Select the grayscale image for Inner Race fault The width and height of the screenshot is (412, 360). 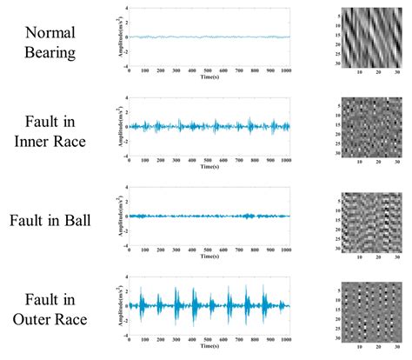click(365, 125)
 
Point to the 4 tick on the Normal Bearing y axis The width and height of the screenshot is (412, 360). click(127, 9)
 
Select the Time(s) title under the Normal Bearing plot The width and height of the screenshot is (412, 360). click(209, 77)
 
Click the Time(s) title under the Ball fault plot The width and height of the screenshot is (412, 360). click(209, 257)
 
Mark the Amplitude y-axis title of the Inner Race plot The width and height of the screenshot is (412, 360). click(116, 127)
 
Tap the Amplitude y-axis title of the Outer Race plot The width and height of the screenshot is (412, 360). click(116, 307)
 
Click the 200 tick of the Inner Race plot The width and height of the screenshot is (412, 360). click(161, 160)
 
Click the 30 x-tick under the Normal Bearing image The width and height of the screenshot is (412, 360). click(393, 72)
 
